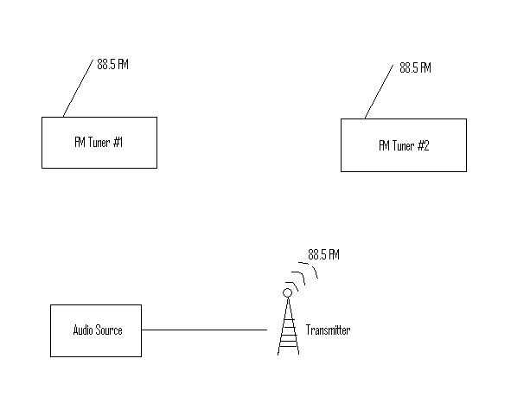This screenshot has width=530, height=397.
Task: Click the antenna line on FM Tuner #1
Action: (x=77, y=89)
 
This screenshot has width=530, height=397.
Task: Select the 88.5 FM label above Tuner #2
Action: (x=415, y=67)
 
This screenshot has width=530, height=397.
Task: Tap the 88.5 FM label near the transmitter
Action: (x=324, y=255)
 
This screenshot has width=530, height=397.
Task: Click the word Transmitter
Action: (x=329, y=330)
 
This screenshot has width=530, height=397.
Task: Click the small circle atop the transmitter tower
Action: (x=288, y=292)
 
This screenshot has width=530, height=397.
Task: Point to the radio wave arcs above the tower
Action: (x=303, y=275)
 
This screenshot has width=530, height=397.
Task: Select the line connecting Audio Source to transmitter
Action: (x=204, y=330)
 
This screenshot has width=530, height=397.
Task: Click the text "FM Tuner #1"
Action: (x=99, y=142)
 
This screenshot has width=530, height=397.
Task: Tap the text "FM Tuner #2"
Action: (x=404, y=145)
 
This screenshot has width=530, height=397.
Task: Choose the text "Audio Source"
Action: (x=97, y=330)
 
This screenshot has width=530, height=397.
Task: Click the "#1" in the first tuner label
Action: (x=118, y=142)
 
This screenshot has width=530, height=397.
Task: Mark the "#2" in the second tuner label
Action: (x=423, y=145)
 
